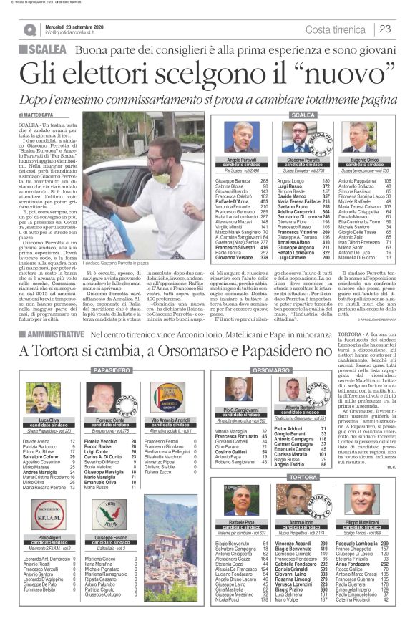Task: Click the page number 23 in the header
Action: coord(385,29)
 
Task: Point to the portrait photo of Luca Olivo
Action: coord(44,398)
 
